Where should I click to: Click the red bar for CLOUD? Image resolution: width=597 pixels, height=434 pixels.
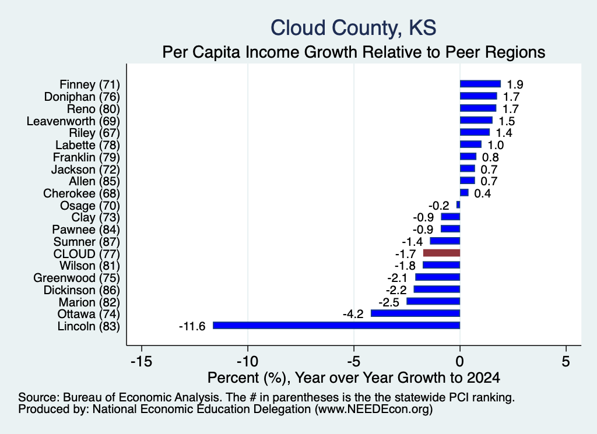coord(442,253)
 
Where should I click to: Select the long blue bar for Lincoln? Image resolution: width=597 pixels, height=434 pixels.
coord(336,325)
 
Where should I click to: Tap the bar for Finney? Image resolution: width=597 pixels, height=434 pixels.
coord(480,84)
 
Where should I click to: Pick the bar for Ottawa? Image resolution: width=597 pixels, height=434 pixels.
coord(415,313)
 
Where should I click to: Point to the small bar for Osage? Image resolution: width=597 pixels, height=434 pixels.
coord(458,204)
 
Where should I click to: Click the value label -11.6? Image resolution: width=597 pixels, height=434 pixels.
coord(192,326)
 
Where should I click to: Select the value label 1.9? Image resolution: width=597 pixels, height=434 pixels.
coord(515,84)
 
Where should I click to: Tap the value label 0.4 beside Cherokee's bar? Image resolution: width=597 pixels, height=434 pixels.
coord(482,193)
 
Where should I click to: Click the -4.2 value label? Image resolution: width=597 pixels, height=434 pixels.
coord(353,314)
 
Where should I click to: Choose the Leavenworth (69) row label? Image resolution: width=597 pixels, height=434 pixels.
coord(73,121)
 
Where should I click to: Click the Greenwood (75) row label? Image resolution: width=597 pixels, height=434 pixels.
coord(76,278)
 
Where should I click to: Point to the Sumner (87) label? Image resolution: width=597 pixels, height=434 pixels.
coord(87,242)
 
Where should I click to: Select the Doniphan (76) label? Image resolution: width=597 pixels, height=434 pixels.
coord(82,97)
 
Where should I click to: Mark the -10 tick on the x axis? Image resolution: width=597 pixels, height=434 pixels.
coord(248,361)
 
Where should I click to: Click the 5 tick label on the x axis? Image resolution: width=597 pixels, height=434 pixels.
coord(566,361)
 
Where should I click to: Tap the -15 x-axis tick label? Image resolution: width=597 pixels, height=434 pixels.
coord(142,361)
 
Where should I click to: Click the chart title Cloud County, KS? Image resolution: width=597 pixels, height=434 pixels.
coord(353,28)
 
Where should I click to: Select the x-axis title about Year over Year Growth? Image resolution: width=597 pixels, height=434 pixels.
coord(354,377)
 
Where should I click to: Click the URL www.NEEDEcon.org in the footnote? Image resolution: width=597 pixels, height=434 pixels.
coord(374,410)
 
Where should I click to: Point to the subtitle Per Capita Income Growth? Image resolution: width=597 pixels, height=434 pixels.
coord(354,52)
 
